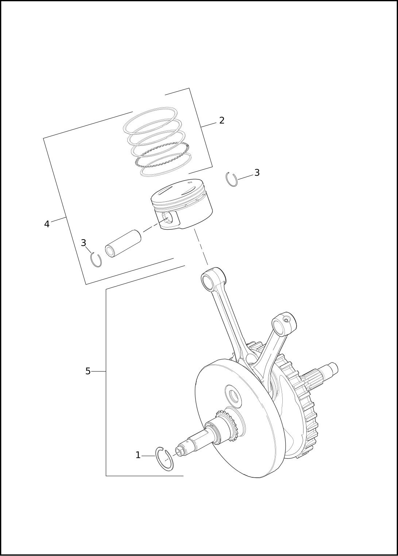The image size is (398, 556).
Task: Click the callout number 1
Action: pos(138,455)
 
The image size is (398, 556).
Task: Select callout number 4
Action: pos(47,224)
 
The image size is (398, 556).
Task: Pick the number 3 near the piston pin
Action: pos(84,243)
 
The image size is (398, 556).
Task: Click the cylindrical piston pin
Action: pos(123,243)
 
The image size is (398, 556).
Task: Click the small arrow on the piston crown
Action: pos(190,183)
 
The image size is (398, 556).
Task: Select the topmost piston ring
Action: pos(150,121)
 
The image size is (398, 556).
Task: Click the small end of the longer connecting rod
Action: pos(213,279)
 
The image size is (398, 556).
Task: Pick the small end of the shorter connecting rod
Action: pos(284,323)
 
